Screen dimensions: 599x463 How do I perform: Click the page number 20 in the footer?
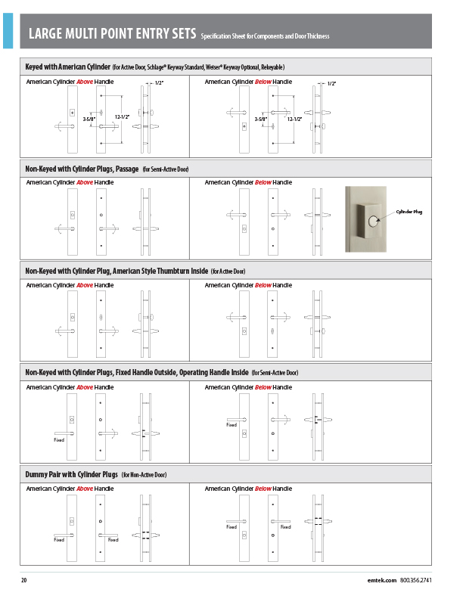(24, 580)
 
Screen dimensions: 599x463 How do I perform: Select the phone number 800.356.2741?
(415, 580)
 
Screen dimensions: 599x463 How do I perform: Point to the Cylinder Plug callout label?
(409, 212)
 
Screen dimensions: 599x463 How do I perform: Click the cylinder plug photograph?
(367, 219)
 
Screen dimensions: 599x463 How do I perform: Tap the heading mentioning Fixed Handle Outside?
(136, 372)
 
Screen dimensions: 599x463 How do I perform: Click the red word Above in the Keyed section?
(85, 81)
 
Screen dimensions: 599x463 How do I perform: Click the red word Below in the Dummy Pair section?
(263, 489)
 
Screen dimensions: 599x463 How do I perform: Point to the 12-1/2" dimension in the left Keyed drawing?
(122, 116)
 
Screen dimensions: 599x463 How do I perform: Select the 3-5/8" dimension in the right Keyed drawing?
(262, 119)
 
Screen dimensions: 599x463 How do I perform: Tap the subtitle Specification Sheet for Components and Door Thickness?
(265, 36)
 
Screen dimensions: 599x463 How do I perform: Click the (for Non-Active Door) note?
(144, 475)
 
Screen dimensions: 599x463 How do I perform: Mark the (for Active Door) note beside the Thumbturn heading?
(228, 271)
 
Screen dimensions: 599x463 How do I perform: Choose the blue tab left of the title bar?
(8, 30)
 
